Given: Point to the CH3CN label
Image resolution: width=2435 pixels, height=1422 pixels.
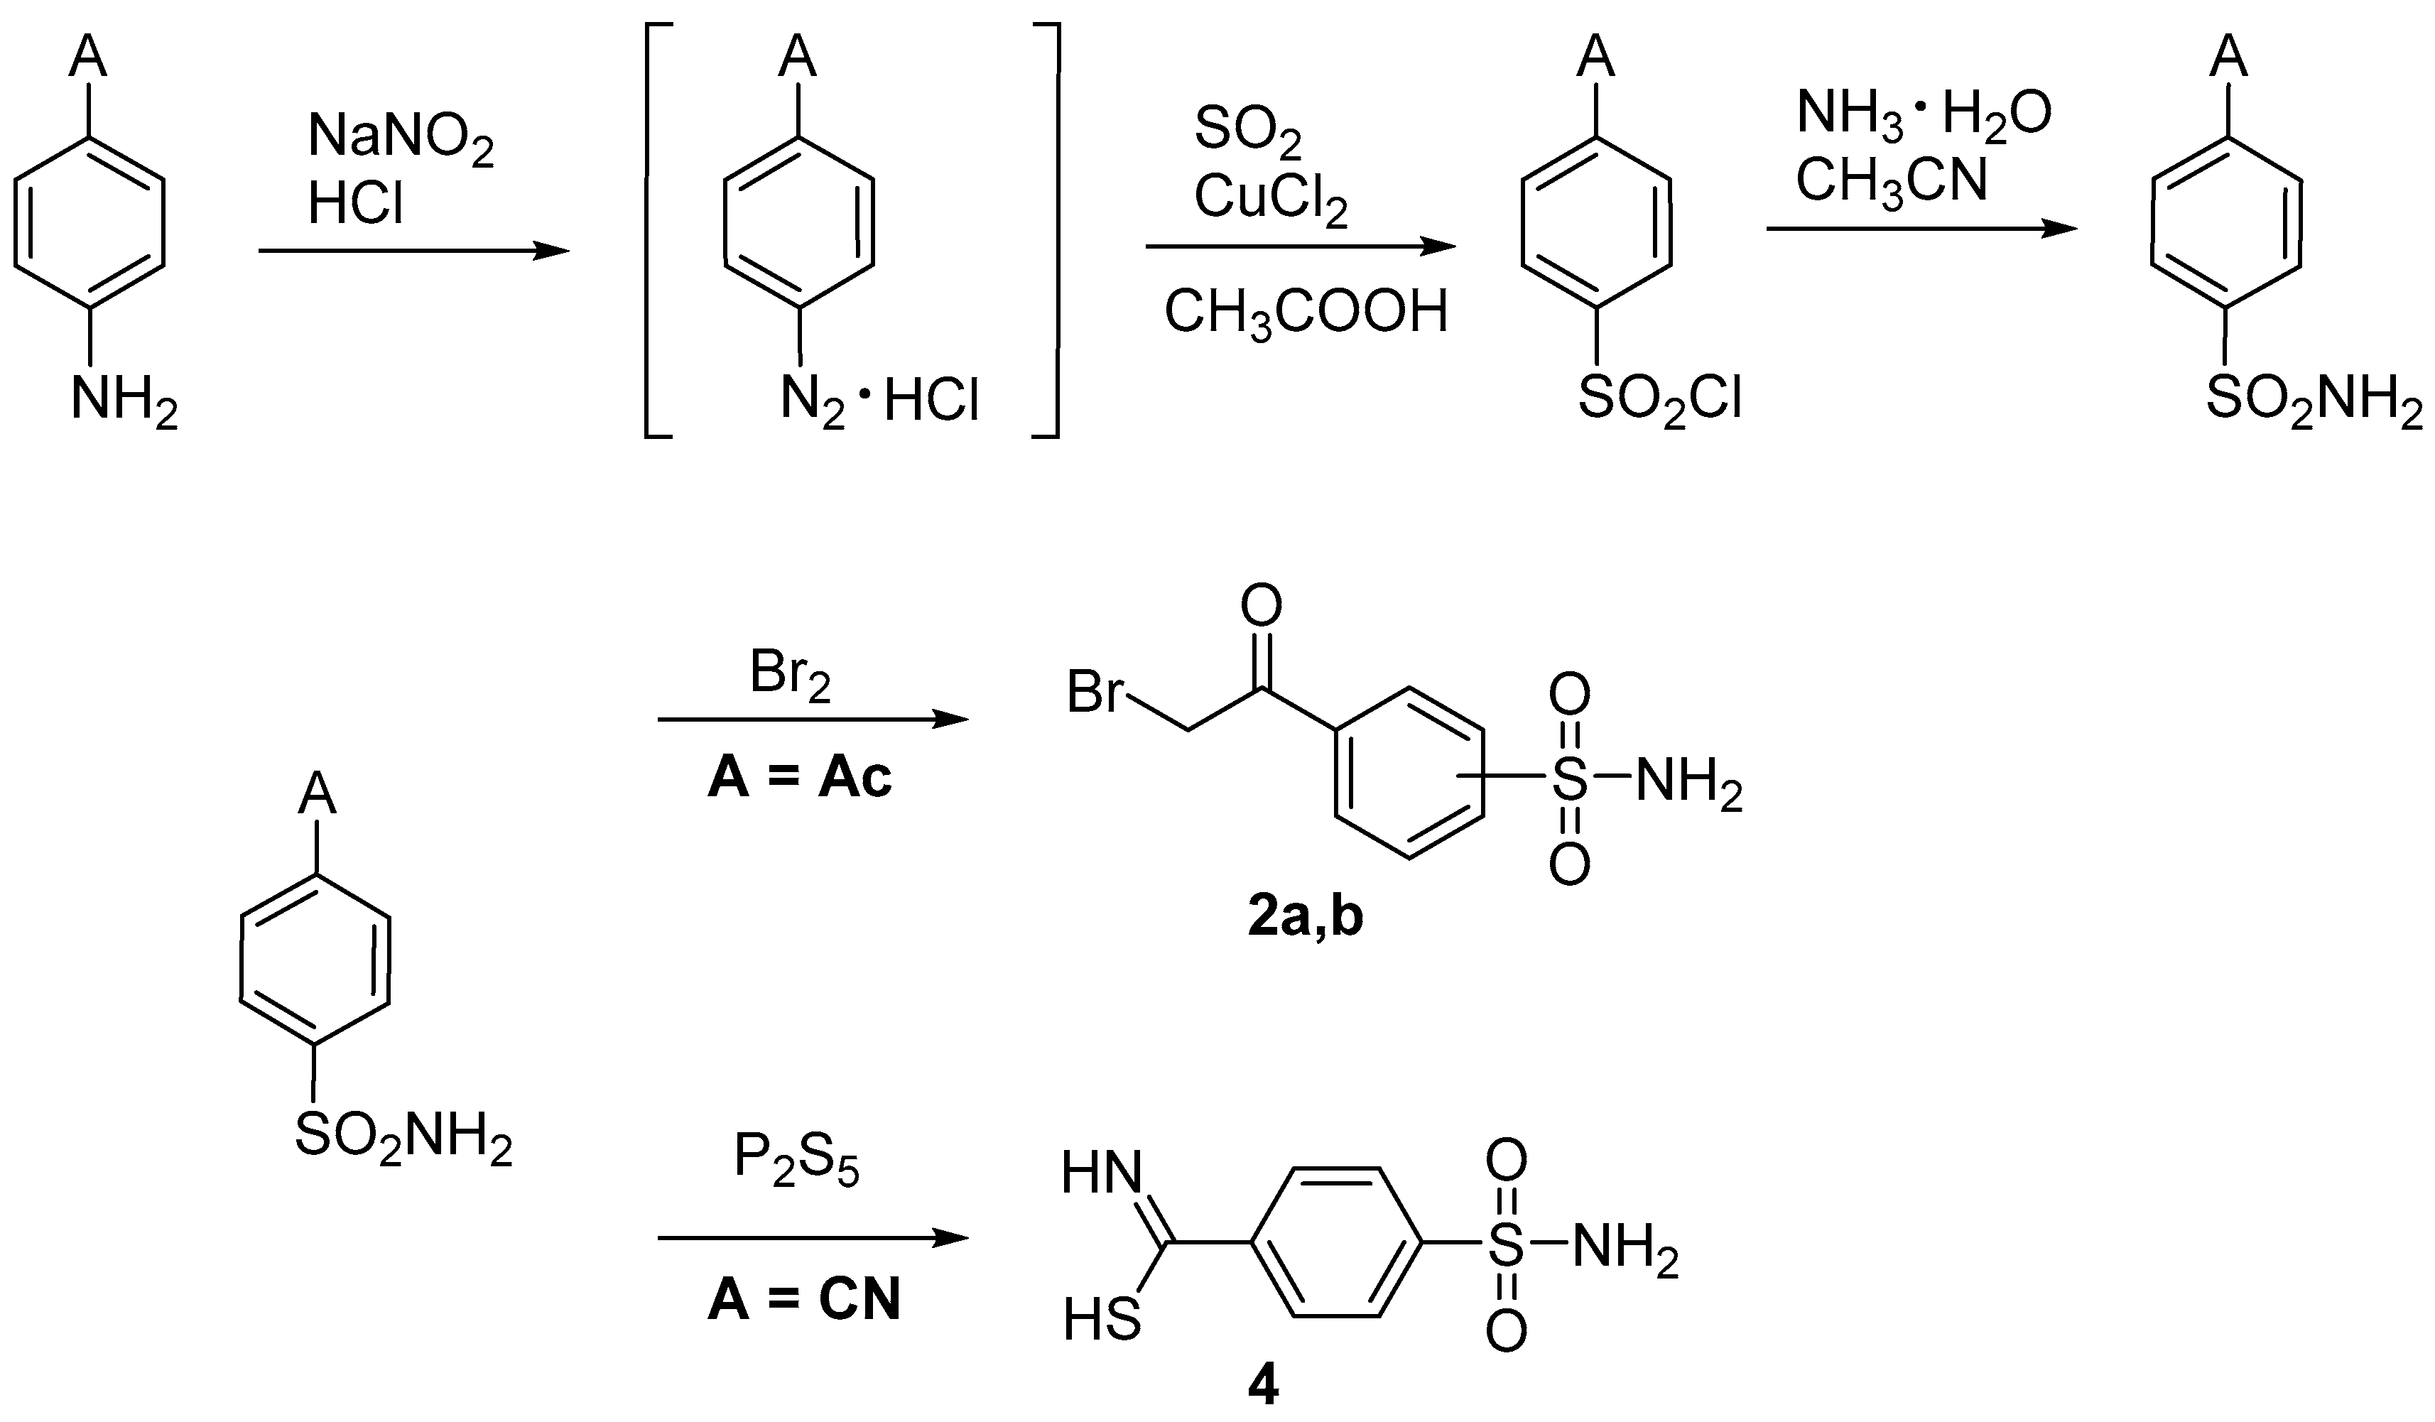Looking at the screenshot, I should (1891, 180).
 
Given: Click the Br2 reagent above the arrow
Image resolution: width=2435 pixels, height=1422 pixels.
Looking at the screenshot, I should (789, 675).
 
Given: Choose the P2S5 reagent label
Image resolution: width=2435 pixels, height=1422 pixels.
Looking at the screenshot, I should (796, 1158).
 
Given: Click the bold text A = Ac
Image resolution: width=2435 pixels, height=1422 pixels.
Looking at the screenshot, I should (799, 778).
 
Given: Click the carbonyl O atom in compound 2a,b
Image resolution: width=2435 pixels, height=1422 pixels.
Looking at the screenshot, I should (1261, 606).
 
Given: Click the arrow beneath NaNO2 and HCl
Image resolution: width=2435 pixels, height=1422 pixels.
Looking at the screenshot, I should (413, 251).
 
